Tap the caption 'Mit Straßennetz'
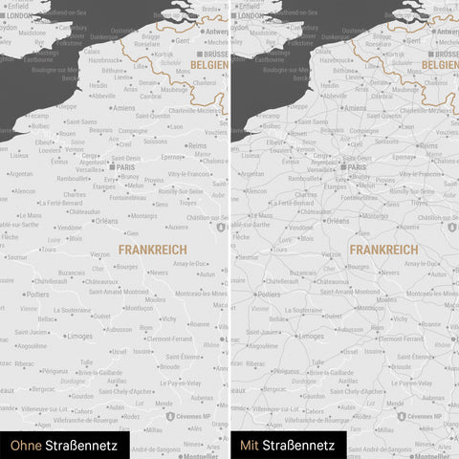[x=287, y=445]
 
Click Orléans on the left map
[x=106, y=221]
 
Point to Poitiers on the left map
[x=38, y=295]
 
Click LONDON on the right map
[x=250, y=15]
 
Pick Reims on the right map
[x=430, y=145]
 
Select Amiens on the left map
[x=124, y=108]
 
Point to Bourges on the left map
[x=127, y=267]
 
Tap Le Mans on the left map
[x=31, y=215]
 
